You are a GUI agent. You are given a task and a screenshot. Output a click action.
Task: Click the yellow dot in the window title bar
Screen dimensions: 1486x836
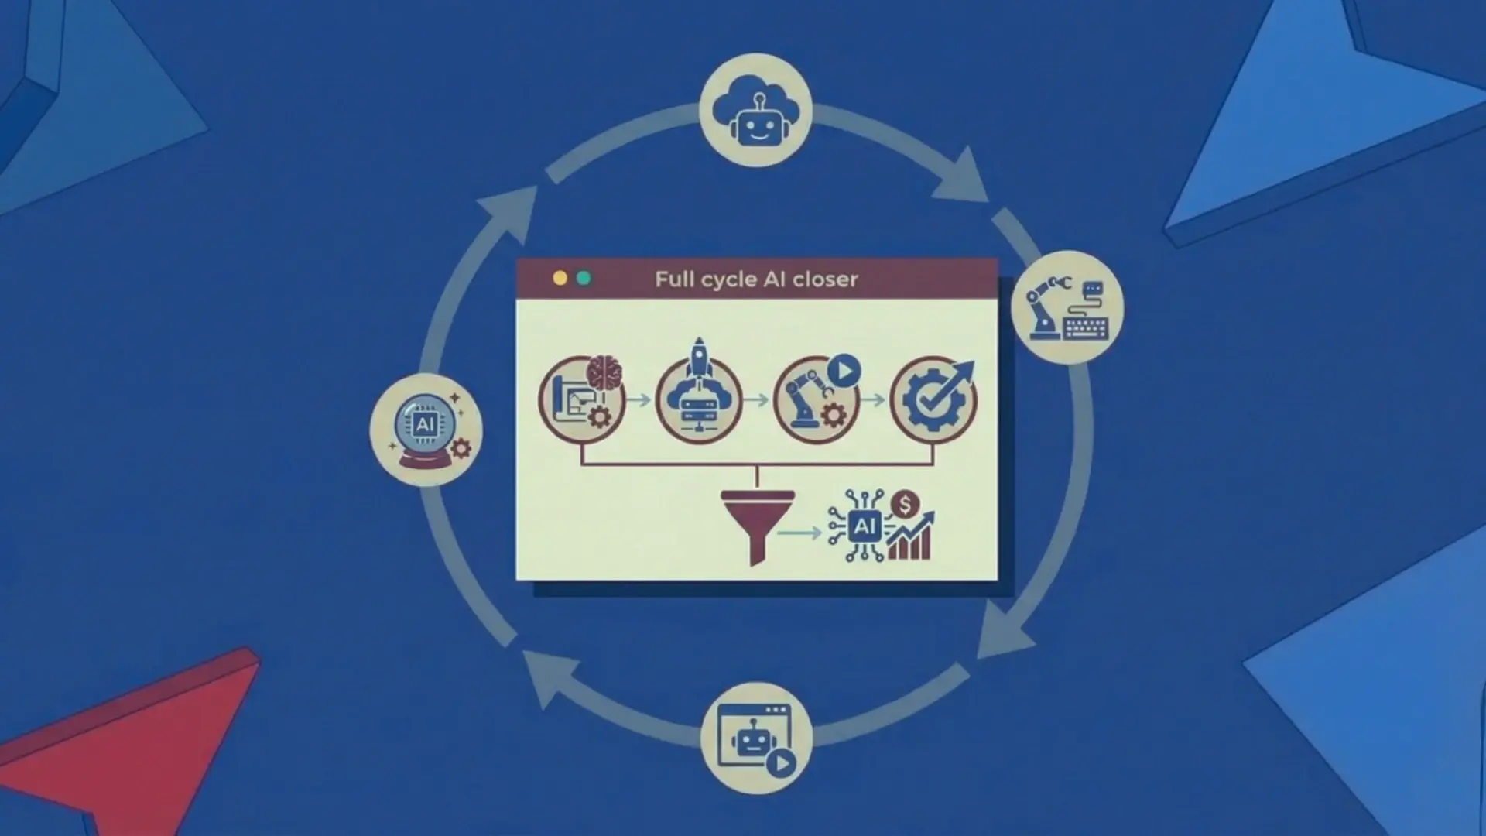click(560, 279)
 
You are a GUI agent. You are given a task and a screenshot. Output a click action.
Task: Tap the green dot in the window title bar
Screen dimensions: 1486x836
click(584, 279)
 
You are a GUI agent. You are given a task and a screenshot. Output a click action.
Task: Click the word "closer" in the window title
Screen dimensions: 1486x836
click(825, 279)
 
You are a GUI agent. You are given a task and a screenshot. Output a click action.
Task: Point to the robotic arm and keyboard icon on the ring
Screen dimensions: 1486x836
click(1067, 307)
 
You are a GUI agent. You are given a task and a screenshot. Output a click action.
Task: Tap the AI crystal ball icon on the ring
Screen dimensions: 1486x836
click(426, 430)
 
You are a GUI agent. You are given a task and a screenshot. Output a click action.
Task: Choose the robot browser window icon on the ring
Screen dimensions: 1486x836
click(756, 738)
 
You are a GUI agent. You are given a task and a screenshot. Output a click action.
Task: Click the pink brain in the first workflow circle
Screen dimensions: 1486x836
click(604, 373)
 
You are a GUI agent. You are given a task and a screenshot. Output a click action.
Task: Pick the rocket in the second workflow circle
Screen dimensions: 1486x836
click(699, 358)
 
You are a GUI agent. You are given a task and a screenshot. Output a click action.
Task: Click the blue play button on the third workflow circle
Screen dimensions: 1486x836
click(844, 372)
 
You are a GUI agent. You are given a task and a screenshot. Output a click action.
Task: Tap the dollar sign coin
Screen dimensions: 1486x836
click(904, 505)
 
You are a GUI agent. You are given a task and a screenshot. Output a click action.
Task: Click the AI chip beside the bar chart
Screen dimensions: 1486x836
click(863, 527)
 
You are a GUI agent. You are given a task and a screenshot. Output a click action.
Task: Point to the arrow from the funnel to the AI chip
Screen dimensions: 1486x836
click(799, 533)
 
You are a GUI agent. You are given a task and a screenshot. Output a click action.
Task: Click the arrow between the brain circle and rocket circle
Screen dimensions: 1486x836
click(639, 400)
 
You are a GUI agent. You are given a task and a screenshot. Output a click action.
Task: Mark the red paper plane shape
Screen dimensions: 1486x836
click(132, 735)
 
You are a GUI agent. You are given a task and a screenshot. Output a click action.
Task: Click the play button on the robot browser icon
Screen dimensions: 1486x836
click(781, 764)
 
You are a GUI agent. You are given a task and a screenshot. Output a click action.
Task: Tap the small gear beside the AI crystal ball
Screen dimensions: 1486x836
click(461, 448)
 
